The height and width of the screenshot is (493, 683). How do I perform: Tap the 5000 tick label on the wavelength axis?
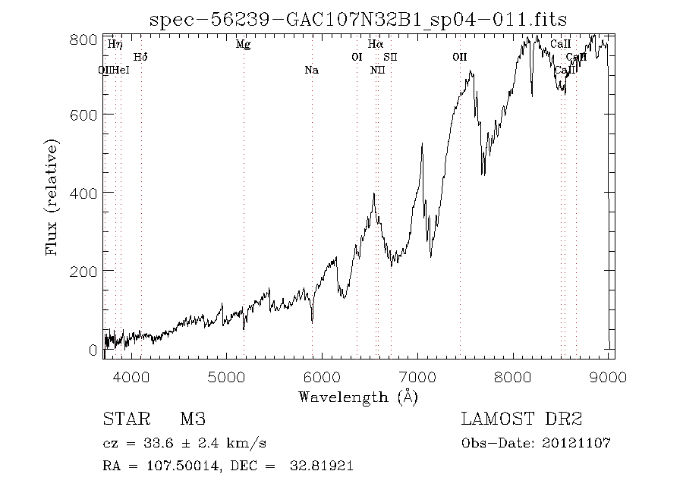coord(227,376)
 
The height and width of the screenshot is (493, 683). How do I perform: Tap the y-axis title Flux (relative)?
coord(52,196)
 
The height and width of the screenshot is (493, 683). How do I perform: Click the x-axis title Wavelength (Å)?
coord(358,397)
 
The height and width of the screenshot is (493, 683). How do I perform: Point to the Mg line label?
coord(243,45)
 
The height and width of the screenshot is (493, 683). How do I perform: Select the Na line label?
coord(311,71)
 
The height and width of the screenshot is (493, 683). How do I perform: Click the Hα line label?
coord(375,45)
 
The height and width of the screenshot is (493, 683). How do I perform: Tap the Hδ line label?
coord(140,57)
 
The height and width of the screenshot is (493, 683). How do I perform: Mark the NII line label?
coord(377,71)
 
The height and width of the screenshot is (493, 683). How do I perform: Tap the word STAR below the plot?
coord(124,419)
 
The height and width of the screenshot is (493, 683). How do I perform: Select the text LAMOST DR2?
coord(521,419)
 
